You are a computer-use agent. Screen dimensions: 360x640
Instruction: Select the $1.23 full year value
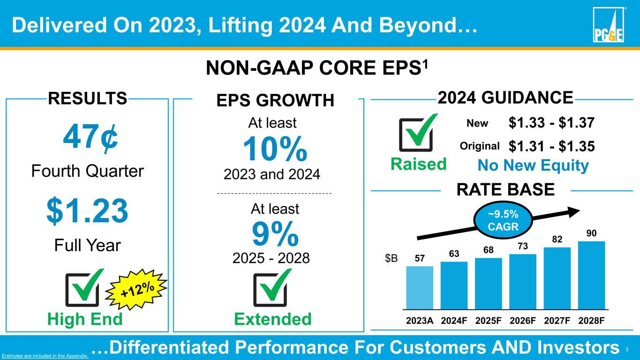coord(87,211)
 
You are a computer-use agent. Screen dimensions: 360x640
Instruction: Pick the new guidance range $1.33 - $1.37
coord(551,123)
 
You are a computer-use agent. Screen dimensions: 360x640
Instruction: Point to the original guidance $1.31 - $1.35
coord(551,146)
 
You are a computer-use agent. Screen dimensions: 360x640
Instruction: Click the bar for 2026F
coord(523,281)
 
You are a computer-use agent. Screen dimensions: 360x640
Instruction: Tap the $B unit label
coord(391,259)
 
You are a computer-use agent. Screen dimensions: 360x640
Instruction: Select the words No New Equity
coord(533,165)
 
